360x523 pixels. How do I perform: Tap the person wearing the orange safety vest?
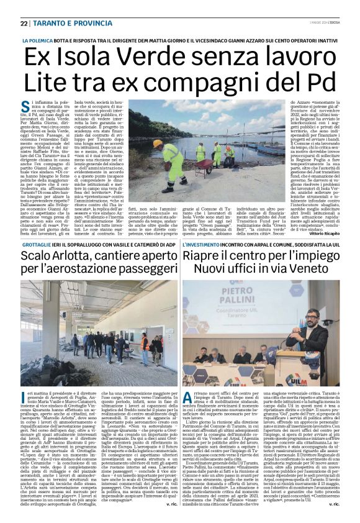click(x=145, y=342)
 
